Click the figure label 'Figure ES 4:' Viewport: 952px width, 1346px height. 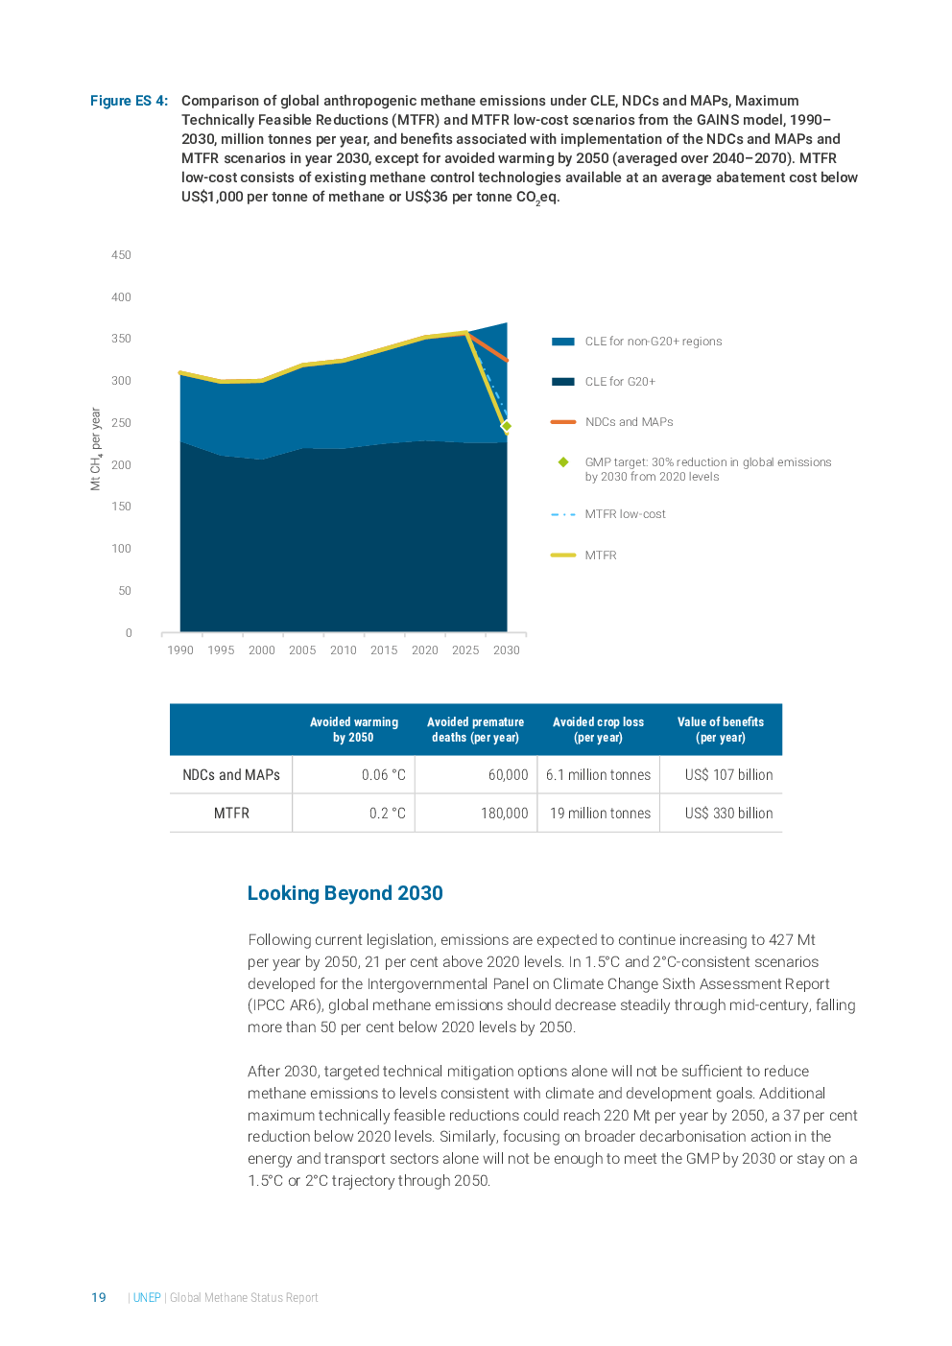pyautogui.click(x=129, y=101)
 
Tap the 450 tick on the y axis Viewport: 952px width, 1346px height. pyautogui.click(x=121, y=255)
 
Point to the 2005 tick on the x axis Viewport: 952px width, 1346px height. pyautogui.click(x=302, y=650)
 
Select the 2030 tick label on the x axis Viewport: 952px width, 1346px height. pyautogui.click(x=506, y=650)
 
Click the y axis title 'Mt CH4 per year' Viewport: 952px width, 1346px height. pyautogui.click(x=95, y=448)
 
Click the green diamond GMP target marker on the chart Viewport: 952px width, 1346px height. pyautogui.click(x=507, y=426)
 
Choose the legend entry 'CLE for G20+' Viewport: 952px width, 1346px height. pyautogui.click(x=619, y=382)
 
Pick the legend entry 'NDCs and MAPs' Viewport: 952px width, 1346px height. pyautogui.click(x=629, y=422)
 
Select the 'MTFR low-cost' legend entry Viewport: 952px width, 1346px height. pyautogui.click(x=625, y=514)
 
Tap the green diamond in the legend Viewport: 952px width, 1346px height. pyautogui.click(x=563, y=462)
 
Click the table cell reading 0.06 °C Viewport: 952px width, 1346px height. pyautogui.click(x=384, y=775)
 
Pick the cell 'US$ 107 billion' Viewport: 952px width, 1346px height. pyautogui.click(x=728, y=775)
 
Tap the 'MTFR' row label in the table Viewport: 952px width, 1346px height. pyautogui.click(x=231, y=814)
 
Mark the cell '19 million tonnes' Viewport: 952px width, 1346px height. pyautogui.click(x=600, y=814)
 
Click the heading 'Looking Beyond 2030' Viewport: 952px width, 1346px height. pyautogui.click(x=345, y=894)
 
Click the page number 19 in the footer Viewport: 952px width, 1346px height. pyautogui.click(x=99, y=1298)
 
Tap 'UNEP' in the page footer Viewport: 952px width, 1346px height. pyautogui.click(x=147, y=1298)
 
